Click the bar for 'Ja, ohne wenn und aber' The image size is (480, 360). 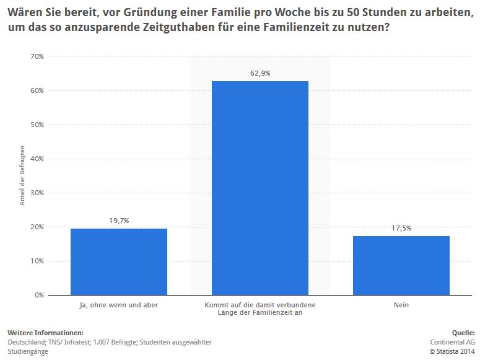click(x=119, y=261)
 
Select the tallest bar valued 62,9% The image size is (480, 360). click(x=260, y=188)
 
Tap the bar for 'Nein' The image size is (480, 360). click(x=401, y=265)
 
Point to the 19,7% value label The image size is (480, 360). click(x=119, y=220)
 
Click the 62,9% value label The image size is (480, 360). click(x=260, y=73)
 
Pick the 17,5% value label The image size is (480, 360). click(x=401, y=228)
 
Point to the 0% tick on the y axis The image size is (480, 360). click(x=39, y=295)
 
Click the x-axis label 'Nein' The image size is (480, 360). click(x=401, y=305)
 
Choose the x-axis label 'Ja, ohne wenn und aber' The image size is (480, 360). click(x=119, y=305)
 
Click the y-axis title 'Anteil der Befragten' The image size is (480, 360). click(x=22, y=175)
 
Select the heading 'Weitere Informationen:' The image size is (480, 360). click(x=45, y=333)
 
